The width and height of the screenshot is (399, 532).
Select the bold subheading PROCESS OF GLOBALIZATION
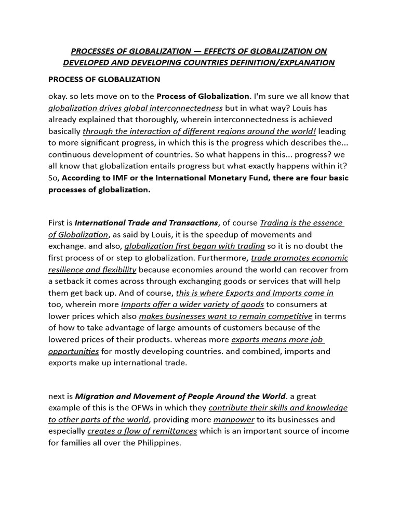104,79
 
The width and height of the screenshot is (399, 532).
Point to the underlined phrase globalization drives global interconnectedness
135,108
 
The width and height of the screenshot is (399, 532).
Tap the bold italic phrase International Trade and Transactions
147,223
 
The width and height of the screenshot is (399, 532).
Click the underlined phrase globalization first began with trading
195,246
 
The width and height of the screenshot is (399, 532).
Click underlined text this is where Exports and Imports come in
255,293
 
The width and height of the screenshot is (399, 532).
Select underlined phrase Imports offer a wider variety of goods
192,304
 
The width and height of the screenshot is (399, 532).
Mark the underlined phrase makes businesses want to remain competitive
225,316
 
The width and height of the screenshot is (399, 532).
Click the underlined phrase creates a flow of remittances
142,431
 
